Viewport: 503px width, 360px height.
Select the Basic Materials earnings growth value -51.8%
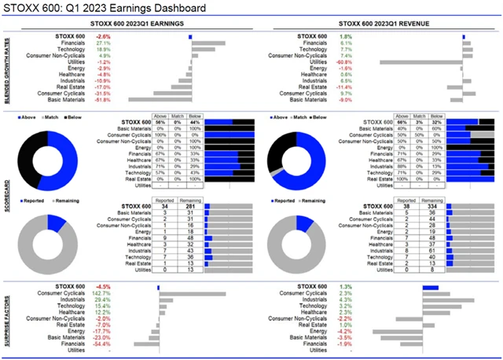click(102, 100)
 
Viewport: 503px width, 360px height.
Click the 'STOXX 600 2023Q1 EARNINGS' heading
click(141, 25)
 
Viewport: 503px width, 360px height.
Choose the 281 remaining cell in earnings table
click(185, 208)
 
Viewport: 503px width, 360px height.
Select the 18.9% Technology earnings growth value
click(103, 50)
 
